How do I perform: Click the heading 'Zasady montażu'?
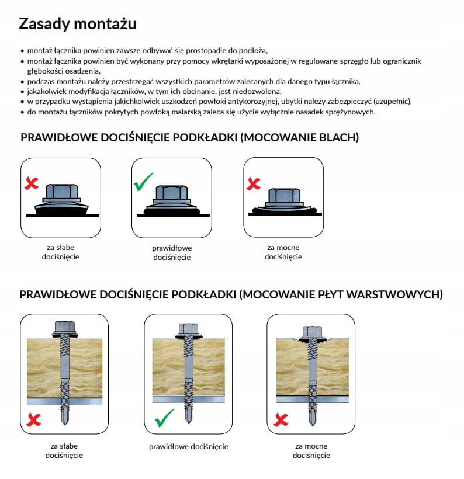coord(77,23)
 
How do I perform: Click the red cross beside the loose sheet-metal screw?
coord(31,183)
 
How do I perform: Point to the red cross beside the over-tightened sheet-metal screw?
coord(254,183)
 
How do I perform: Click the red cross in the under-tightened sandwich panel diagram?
coord(34,419)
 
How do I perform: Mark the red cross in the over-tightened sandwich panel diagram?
coord(281,419)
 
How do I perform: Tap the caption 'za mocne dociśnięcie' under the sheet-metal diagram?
coord(283,252)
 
